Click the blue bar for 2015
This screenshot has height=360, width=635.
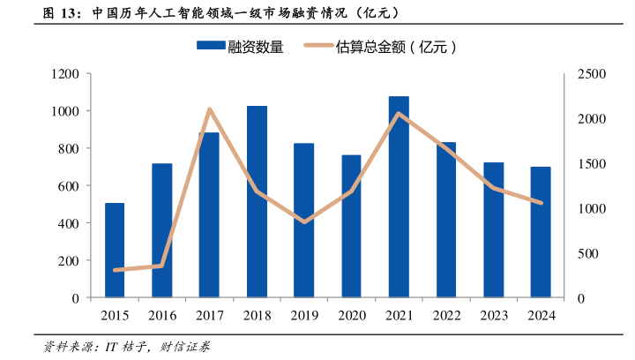(x=115, y=251)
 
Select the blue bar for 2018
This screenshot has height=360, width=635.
(x=257, y=202)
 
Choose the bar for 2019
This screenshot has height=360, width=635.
(x=304, y=221)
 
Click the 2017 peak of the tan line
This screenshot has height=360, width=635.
(x=209, y=109)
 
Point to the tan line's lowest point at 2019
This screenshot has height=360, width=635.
(x=304, y=221)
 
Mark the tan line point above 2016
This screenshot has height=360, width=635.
(x=162, y=266)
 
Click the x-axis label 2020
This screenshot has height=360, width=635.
(x=351, y=316)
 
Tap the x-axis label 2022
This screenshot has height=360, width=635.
(x=446, y=316)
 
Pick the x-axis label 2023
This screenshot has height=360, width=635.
(x=493, y=316)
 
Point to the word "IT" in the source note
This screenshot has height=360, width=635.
(x=112, y=346)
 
